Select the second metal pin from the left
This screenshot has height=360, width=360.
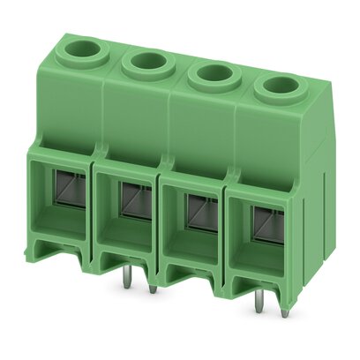click(x=153, y=287)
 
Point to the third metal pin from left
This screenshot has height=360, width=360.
click(x=258, y=304)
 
